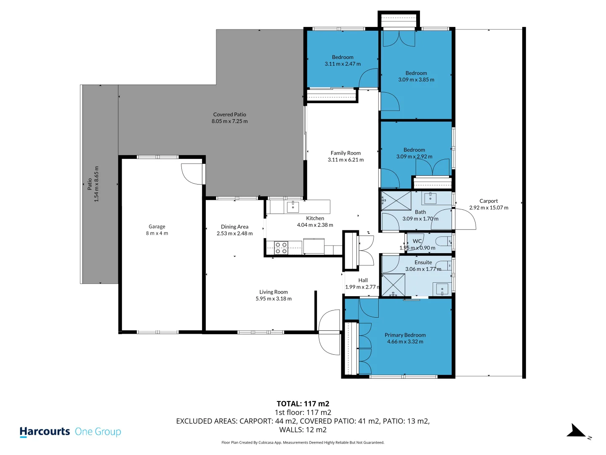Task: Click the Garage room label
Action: pos(157,227)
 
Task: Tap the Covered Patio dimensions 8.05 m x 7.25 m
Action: pos(229,121)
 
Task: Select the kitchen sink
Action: pos(292,206)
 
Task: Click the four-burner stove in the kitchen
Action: pos(281,248)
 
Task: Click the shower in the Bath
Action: pos(396,201)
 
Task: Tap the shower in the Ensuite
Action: pos(393,285)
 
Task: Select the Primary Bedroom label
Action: pos(405,335)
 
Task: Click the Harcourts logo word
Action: pos(45,431)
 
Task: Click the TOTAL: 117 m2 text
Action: pos(303,404)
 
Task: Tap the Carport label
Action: pos(489,201)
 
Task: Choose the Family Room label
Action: pos(346,153)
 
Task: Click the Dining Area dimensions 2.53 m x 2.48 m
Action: pos(234,233)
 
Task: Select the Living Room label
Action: pos(273,292)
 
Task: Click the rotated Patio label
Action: pos(90,184)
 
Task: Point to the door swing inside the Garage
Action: pos(192,174)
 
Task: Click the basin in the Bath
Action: pos(430,198)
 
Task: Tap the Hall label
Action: pos(363,280)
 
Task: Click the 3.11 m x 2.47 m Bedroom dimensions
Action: pos(342,64)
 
